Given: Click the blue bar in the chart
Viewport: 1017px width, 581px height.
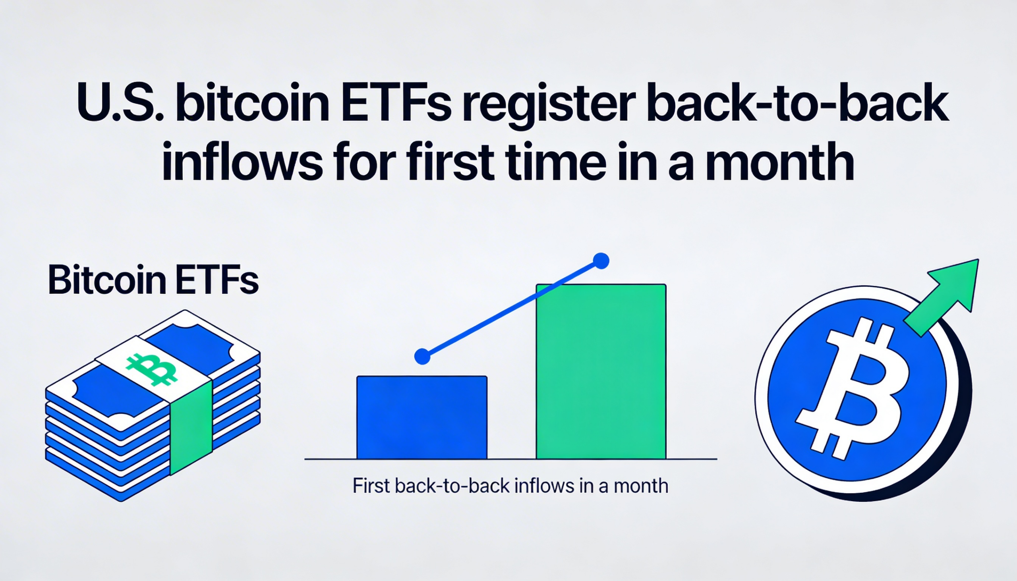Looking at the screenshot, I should point(421,417).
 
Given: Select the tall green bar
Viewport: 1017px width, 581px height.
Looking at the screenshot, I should point(601,371).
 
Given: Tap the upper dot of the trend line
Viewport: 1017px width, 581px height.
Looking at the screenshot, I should point(601,261).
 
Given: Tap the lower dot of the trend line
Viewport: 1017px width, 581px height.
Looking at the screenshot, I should point(422,356).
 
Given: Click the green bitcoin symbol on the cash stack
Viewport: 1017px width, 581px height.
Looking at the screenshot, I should point(152,369).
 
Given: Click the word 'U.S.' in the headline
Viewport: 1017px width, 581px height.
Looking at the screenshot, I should point(120,103).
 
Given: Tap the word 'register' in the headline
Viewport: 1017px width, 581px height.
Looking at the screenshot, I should point(549,104).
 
